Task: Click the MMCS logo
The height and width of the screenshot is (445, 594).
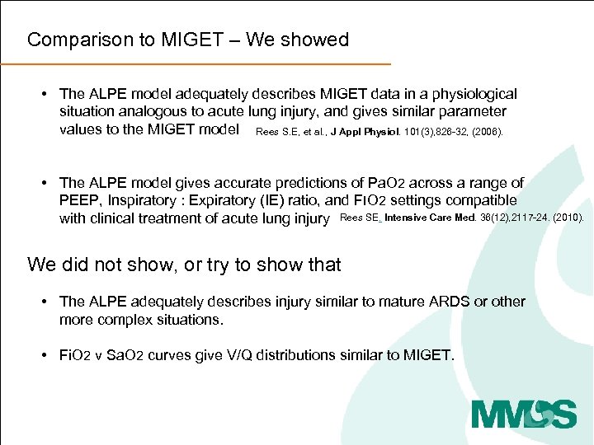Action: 524,413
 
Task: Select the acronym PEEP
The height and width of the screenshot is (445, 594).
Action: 78,200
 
